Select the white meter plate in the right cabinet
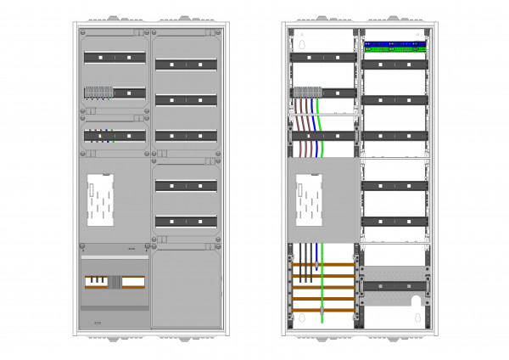pos(310,201)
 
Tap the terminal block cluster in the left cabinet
pos(98,91)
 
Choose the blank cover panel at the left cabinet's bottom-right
pos(187,286)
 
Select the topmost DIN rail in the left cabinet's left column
pos(115,58)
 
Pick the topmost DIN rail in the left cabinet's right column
pos(187,64)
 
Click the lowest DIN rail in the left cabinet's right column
pos(187,222)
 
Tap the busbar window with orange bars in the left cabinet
pos(114,282)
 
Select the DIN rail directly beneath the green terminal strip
pos(394,64)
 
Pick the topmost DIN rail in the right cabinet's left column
pos(322,57)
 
